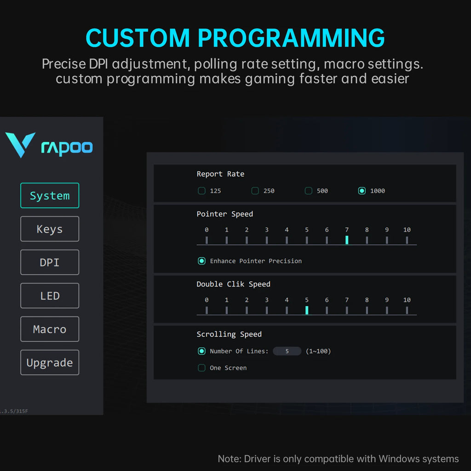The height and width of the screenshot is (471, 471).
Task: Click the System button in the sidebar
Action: tap(50, 195)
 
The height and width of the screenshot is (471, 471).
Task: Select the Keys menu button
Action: tap(50, 229)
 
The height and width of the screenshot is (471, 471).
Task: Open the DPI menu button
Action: tap(50, 262)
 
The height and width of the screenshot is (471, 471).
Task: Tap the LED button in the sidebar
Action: tap(50, 296)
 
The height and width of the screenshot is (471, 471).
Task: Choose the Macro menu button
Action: tap(50, 329)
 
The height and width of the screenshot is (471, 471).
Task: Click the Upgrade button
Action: tap(50, 362)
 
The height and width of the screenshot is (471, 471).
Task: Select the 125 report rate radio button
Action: tap(201, 191)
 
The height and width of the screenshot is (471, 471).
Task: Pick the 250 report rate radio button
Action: tap(255, 191)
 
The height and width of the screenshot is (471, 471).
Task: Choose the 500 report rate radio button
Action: tap(309, 191)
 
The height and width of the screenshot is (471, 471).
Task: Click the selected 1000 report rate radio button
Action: tap(362, 191)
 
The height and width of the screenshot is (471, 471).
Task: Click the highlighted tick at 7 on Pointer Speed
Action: tap(347, 240)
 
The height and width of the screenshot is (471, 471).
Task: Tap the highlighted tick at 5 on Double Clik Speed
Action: tap(307, 310)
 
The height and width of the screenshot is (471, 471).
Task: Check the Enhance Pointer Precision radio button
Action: tap(201, 261)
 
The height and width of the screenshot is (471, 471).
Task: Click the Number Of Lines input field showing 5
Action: tap(287, 351)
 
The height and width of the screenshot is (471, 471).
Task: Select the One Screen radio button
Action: tap(201, 368)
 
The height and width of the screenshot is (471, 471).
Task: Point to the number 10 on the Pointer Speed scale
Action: tap(407, 230)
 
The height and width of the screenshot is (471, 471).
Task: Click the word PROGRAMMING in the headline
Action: tap(291, 38)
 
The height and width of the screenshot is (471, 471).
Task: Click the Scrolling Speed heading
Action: tap(229, 334)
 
